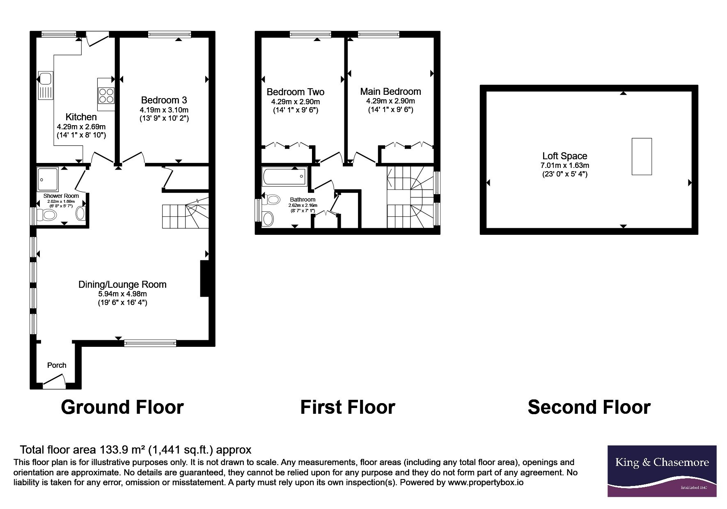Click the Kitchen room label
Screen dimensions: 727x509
click(x=81, y=117)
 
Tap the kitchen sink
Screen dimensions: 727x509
click(x=45, y=85)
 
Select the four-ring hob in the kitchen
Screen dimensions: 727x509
click(x=106, y=96)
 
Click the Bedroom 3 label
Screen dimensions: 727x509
click(x=164, y=100)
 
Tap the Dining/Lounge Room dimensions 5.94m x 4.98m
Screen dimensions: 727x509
click(x=122, y=294)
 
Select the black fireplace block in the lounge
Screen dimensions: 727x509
click(x=204, y=278)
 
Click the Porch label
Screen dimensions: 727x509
click(x=57, y=365)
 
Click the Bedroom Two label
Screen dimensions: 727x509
click(x=296, y=92)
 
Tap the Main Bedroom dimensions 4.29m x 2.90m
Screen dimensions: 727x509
click(x=390, y=101)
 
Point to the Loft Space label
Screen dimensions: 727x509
click(x=565, y=156)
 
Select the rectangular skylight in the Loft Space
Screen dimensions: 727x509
click(x=642, y=156)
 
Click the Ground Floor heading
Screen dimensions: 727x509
click(x=122, y=407)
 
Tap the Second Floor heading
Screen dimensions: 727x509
click(x=589, y=407)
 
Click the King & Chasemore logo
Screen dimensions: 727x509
click(x=662, y=471)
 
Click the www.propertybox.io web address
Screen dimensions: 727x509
click(x=486, y=483)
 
